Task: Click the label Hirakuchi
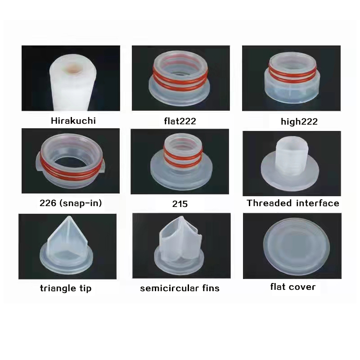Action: pyautogui.click(x=73, y=121)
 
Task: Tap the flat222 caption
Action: pyautogui.click(x=180, y=121)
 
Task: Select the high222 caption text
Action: pyautogui.click(x=299, y=121)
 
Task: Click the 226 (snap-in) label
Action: pyautogui.click(x=71, y=203)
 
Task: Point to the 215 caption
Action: pyautogui.click(x=180, y=204)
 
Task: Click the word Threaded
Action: pyautogui.click(x=269, y=203)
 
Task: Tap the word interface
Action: pyautogui.click(x=318, y=203)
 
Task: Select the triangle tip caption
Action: pyautogui.click(x=66, y=288)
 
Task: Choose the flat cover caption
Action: pyautogui.click(x=293, y=287)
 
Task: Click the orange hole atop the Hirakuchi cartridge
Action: pyautogui.click(x=73, y=68)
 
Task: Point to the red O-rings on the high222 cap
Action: pyautogui.click(x=292, y=73)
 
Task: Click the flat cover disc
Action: pyautogui.click(x=297, y=246)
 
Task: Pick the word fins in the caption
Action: pyautogui.click(x=211, y=288)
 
